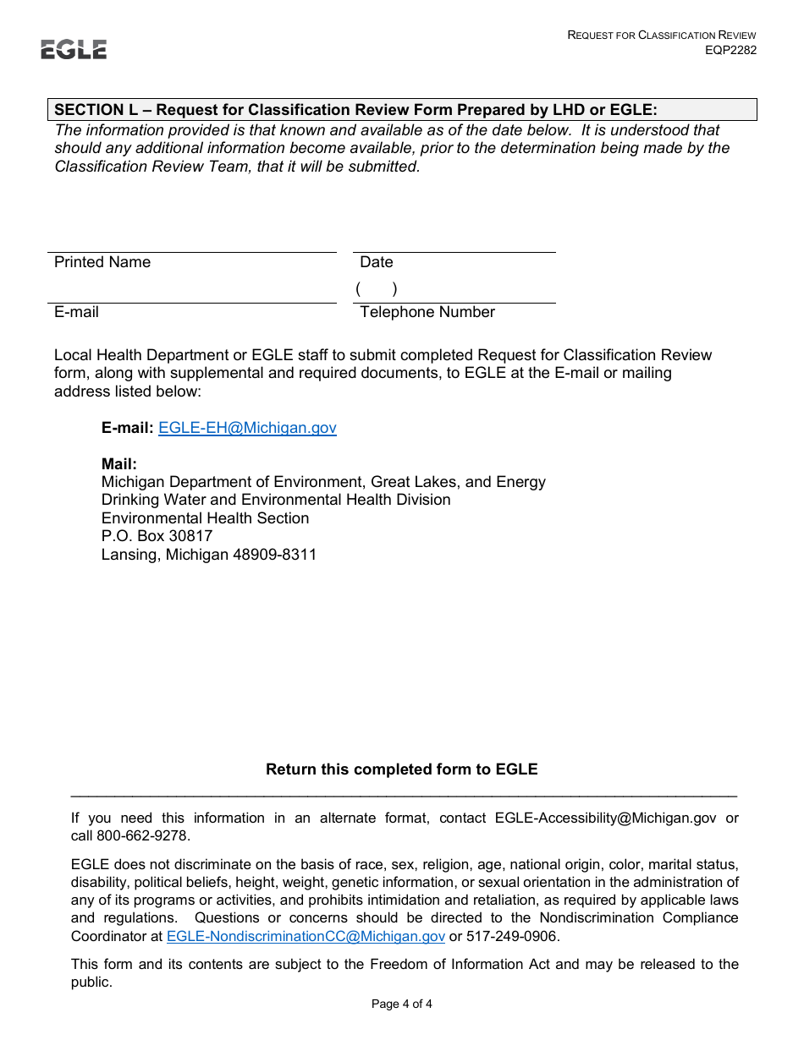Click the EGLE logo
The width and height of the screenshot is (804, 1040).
coord(74,50)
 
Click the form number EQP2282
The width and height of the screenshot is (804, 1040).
coord(730,50)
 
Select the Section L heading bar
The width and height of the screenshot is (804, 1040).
coord(402,110)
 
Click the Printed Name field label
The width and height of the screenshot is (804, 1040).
coord(102,262)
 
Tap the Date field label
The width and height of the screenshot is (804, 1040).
coord(377,262)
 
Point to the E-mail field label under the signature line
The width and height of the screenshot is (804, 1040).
coord(76,312)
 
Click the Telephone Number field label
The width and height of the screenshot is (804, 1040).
coord(427,312)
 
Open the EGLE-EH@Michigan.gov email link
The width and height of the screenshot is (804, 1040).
coord(247,428)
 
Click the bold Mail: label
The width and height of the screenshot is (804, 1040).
coord(119,464)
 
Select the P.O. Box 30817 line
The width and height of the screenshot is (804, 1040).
coord(157,536)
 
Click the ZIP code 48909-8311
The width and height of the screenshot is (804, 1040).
coord(274,556)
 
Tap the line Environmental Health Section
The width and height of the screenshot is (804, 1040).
coord(205,518)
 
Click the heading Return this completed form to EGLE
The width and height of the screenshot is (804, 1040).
coord(402,769)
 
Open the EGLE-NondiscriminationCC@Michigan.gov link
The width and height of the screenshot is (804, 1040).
coord(306,936)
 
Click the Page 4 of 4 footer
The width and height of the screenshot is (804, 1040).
coord(402,1004)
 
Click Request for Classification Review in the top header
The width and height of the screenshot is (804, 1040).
coord(662,35)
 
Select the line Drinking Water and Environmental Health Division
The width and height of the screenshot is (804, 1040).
coord(276,500)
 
